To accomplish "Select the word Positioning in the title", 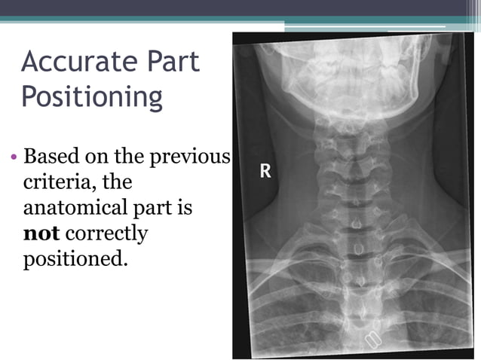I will [x=91, y=97].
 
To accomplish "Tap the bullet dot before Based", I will [x=14, y=158].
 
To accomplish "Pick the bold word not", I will [x=36, y=233].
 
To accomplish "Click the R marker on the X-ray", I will [x=265, y=171].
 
